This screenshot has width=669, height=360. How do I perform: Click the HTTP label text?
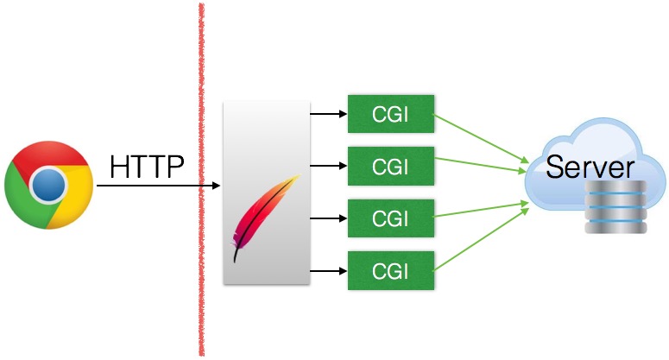click(147, 167)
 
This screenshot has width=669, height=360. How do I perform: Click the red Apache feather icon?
click(264, 216)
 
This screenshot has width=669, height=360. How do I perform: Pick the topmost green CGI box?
click(389, 113)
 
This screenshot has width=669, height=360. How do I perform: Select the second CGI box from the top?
click(389, 164)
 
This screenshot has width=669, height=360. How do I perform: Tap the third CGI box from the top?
click(389, 218)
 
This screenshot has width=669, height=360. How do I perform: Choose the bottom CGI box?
click(389, 270)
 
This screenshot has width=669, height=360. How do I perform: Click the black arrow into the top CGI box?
click(328, 113)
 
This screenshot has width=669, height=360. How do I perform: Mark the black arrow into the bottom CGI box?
click(328, 270)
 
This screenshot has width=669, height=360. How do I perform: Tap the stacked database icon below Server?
click(615, 207)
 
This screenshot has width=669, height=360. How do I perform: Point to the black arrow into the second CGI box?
click(328, 164)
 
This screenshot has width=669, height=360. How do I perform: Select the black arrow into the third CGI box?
click(328, 218)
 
